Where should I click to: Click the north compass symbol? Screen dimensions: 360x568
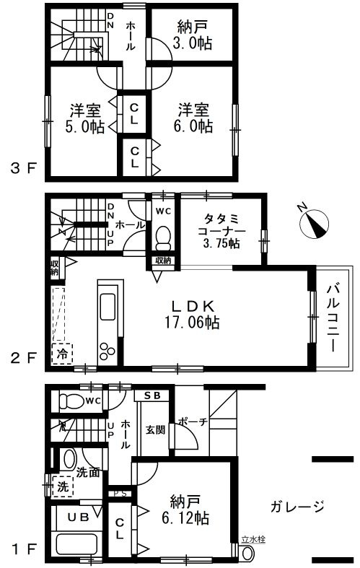(x=314, y=224)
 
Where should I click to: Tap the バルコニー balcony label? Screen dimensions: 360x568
(x=333, y=318)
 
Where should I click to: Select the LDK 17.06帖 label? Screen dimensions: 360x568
(x=193, y=314)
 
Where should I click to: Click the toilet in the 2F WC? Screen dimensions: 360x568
(x=163, y=238)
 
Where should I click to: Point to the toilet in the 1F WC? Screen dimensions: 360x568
(x=71, y=401)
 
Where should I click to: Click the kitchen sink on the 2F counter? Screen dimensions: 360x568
(x=107, y=307)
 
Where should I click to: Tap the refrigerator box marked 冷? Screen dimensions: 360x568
(x=62, y=354)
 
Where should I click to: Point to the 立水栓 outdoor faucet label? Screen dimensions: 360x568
(x=253, y=539)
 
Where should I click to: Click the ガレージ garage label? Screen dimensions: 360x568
(x=297, y=506)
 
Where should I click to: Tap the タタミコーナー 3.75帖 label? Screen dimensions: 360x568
(x=221, y=231)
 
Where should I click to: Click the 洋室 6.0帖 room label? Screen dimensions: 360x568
(x=193, y=118)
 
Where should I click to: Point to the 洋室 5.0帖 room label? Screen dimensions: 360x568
(x=85, y=118)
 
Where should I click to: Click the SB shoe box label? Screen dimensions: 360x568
(x=152, y=396)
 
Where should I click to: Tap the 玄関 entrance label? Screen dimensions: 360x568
(x=155, y=429)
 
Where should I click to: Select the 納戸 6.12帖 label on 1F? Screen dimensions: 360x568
(x=185, y=510)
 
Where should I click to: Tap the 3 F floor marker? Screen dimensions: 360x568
(x=24, y=169)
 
